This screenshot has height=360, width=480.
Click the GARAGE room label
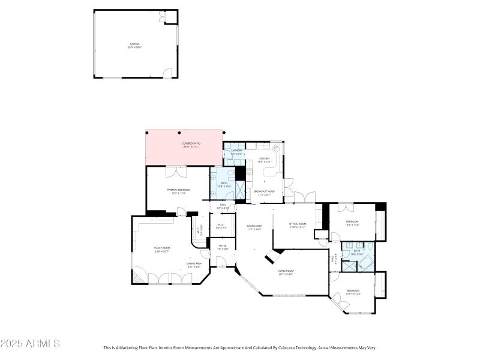(136, 45)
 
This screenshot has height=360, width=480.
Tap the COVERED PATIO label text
(191, 145)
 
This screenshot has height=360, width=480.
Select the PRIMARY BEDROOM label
(178, 191)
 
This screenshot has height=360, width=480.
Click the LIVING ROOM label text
(285, 272)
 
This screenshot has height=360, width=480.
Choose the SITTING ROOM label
(298, 225)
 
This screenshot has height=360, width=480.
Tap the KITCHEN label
(265, 160)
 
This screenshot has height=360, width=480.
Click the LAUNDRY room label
(233, 152)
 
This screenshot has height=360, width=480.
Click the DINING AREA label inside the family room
(193, 265)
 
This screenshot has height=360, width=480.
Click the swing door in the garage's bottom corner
(167, 73)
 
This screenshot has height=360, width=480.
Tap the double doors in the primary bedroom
(178, 173)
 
